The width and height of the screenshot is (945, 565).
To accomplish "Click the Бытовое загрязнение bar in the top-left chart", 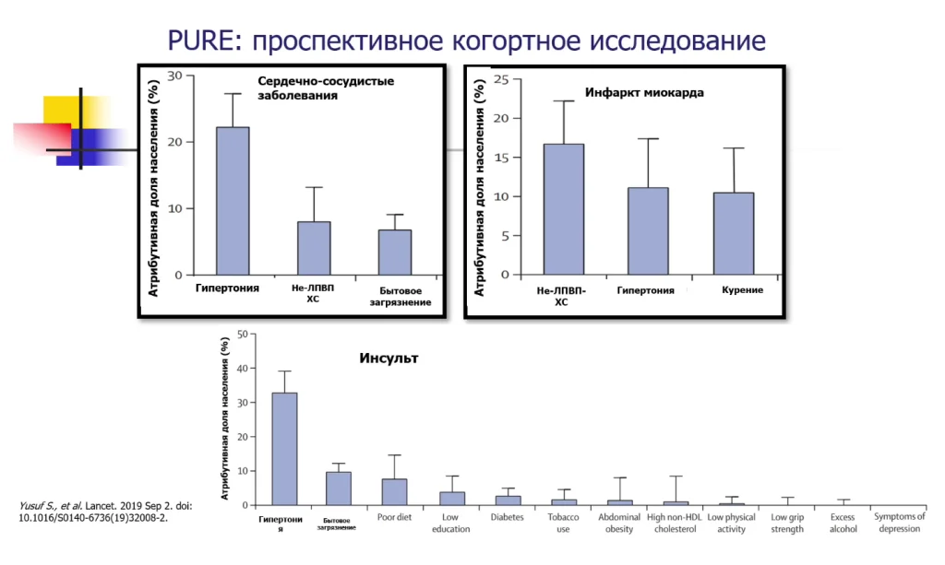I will [x=395, y=252].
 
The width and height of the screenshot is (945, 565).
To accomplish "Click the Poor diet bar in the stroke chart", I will [x=394, y=491].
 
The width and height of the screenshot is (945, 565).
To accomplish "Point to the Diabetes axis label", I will [x=507, y=518].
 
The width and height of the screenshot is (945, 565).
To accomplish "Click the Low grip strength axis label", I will [x=788, y=523].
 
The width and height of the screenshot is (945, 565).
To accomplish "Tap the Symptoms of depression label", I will [x=899, y=523].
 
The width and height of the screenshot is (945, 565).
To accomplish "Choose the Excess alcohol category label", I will [x=843, y=523].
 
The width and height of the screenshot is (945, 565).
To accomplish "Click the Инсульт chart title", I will [x=389, y=358].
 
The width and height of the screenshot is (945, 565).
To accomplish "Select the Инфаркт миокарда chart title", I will [x=645, y=93].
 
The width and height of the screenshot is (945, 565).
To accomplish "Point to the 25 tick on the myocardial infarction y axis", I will [x=501, y=79].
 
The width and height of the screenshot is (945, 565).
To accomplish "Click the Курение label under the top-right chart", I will [x=742, y=289].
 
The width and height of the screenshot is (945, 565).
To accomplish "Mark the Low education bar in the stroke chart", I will [x=451, y=498].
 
